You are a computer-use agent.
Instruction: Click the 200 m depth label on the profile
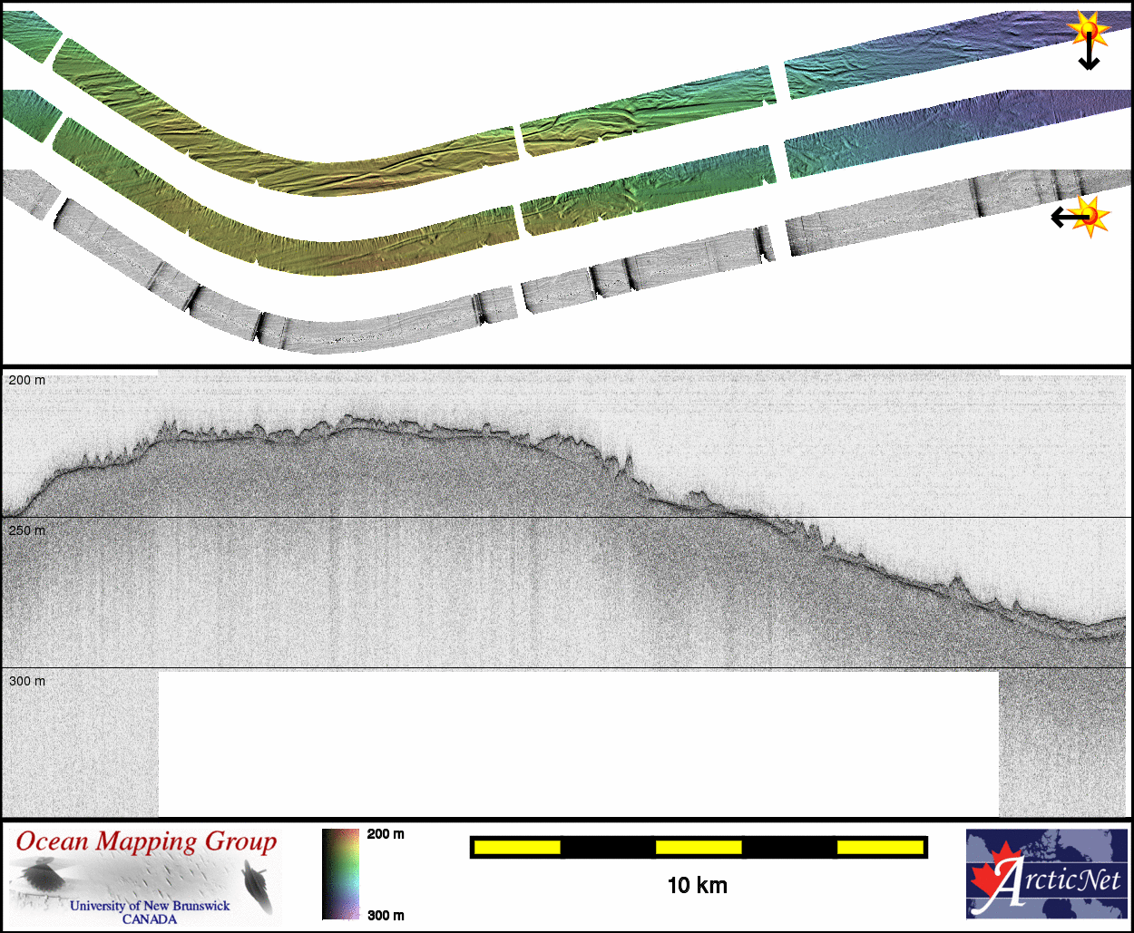(27, 380)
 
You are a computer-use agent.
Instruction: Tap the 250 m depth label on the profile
(27, 530)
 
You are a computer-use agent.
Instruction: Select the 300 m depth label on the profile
(27, 681)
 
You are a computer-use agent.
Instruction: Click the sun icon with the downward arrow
(1089, 29)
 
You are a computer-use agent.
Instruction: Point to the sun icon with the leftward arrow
(1090, 217)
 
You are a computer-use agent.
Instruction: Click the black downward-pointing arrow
(1089, 51)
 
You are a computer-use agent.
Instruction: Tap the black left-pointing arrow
(1070, 217)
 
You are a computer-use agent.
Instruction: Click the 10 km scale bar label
(698, 886)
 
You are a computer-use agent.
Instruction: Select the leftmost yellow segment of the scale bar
(517, 848)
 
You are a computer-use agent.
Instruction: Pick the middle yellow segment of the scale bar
(699, 848)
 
